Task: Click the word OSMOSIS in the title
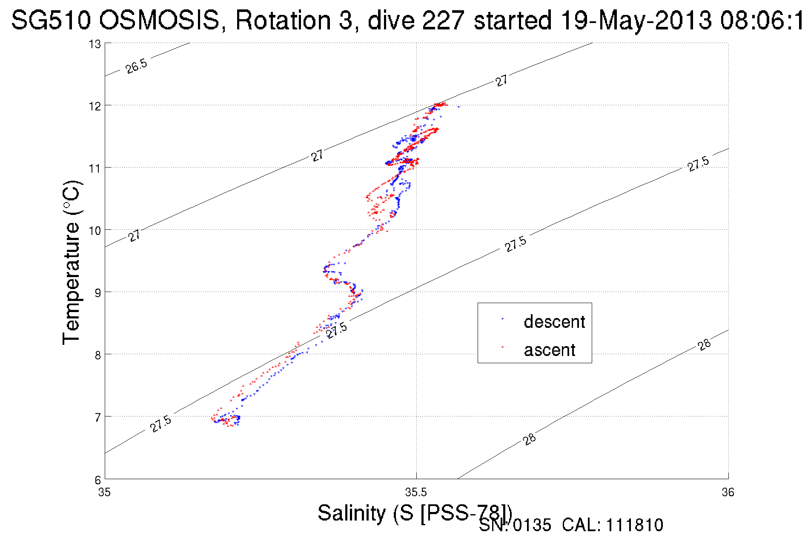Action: point(160,20)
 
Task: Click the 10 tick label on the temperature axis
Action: point(95,231)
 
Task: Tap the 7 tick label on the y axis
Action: point(97,417)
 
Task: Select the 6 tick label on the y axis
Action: point(97,479)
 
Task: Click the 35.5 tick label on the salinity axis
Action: point(416,492)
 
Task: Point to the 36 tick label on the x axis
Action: point(728,492)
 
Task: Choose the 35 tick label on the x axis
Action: point(104,492)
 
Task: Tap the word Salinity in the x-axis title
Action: point(352,512)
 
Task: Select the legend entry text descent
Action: point(554,322)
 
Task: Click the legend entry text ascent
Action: point(550,350)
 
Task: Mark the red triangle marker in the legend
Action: point(503,347)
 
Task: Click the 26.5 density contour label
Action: point(136,67)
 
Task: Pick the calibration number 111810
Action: point(635,525)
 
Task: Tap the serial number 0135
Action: point(532,525)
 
